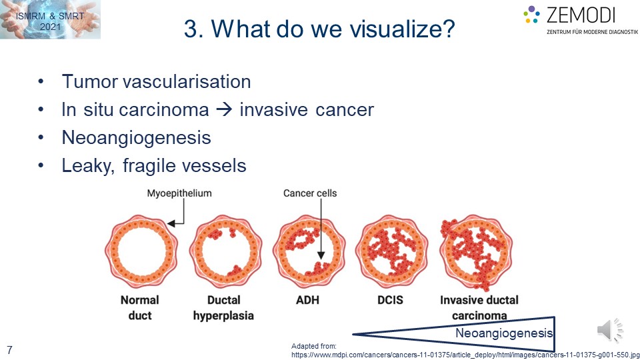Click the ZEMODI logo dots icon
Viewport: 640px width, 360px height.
(531, 14)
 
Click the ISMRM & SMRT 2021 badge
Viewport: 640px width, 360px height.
(50, 19)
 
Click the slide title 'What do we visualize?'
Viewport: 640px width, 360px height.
(333, 29)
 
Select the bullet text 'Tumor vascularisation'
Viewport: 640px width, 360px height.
(156, 81)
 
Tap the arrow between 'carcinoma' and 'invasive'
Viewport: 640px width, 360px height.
(224, 110)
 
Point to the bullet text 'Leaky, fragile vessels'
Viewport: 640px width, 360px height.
(154, 166)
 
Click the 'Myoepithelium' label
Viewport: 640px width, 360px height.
(179, 193)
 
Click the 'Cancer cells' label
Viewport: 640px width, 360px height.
(310, 193)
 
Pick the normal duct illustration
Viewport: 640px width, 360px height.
(141, 251)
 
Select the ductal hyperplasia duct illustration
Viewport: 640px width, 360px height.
(225, 251)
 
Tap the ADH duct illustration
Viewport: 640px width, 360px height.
(309, 251)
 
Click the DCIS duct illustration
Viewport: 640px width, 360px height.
(392, 251)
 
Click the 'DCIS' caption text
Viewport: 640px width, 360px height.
(390, 300)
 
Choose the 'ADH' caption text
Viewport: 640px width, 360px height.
(307, 300)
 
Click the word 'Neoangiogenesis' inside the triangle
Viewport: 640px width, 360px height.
(504, 333)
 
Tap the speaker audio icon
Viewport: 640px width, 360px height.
(610, 330)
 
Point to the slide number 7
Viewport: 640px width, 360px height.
(9, 350)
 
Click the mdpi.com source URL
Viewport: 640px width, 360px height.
(465, 355)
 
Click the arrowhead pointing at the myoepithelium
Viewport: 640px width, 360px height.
(171, 223)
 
